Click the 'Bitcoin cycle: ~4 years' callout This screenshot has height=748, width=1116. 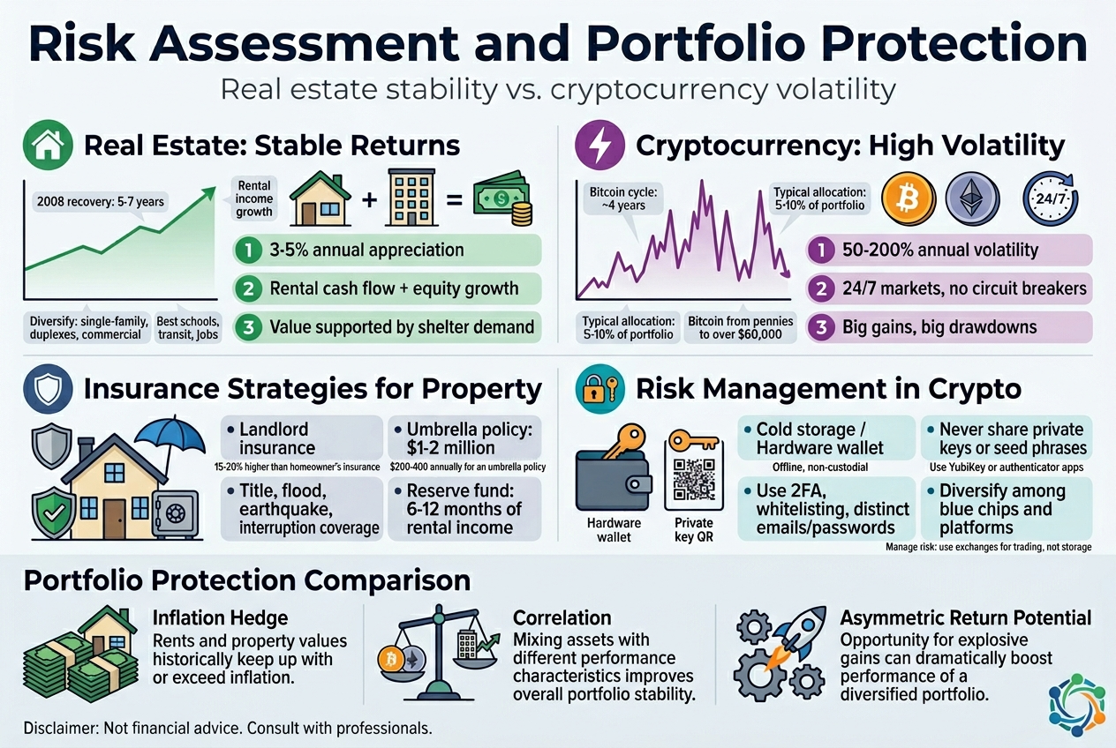pos(618,199)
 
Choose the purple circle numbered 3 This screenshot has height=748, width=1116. pos(822,327)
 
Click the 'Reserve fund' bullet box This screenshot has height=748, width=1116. pos(464,509)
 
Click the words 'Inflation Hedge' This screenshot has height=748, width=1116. pos(220,617)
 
